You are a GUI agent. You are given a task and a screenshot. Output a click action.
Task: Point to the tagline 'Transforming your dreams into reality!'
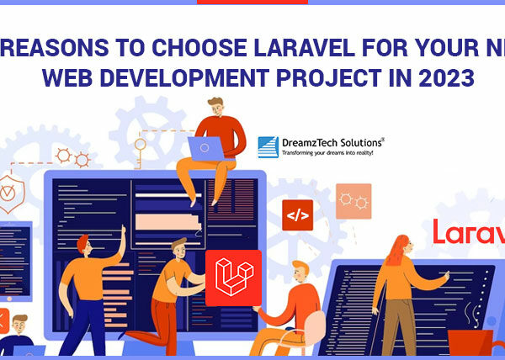click(326, 154)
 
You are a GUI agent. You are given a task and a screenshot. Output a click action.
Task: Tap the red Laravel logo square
click(233, 278)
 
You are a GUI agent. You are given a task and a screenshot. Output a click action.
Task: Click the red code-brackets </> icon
click(297, 215)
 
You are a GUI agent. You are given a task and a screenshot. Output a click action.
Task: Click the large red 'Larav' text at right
click(468, 231)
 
